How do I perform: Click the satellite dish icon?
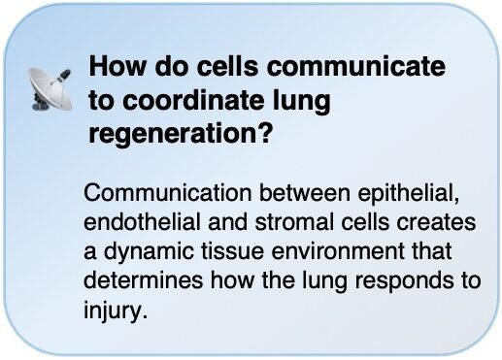click(x=50, y=90)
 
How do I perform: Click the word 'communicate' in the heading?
click(x=356, y=66)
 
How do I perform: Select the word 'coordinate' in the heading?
click(x=194, y=100)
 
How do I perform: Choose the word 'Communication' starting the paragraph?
click(x=168, y=193)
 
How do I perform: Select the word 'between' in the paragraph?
click(x=305, y=193)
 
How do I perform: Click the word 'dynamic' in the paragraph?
click(x=149, y=252)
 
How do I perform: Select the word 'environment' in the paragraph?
click(x=338, y=252)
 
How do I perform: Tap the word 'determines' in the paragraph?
click(x=143, y=280)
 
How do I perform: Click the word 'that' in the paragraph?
click(x=431, y=251)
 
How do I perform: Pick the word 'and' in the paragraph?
click(x=227, y=222)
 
